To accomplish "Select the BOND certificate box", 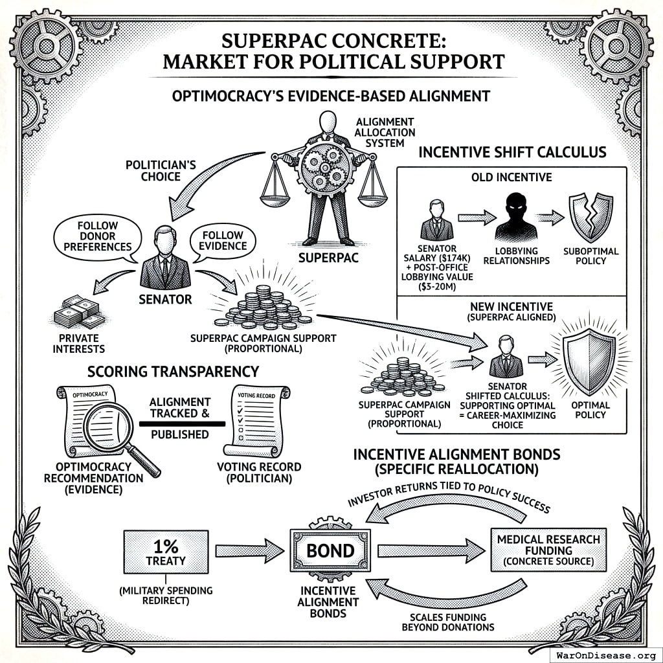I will tap(330, 551).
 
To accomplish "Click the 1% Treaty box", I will tap(166, 551).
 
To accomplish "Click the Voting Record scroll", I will tap(256, 421).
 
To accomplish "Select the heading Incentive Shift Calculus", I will tap(512, 153).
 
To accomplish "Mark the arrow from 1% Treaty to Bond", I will tap(249, 551).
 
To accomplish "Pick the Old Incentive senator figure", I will tap(437, 221).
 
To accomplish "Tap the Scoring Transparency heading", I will tap(174, 372).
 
